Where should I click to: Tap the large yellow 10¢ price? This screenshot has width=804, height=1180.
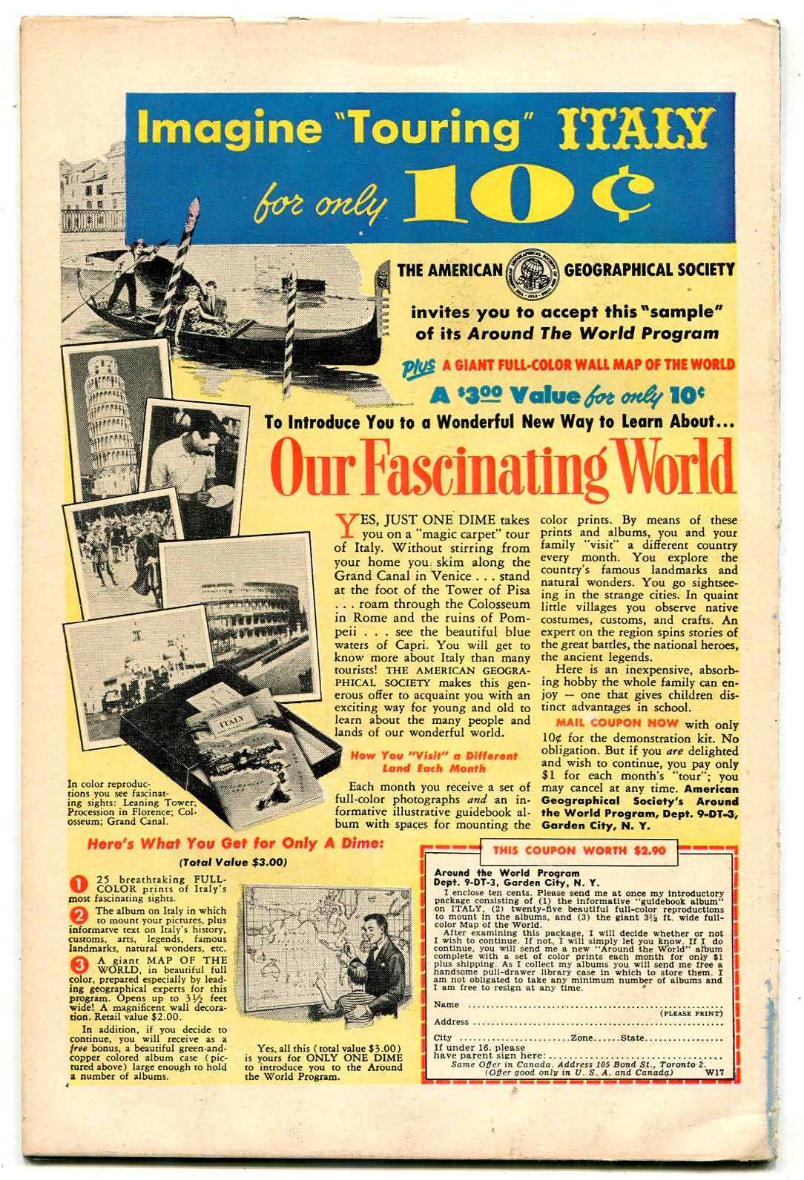(527, 194)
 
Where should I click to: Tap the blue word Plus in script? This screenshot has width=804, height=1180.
(418, 366)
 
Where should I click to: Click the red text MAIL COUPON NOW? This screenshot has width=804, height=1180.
(617, 723)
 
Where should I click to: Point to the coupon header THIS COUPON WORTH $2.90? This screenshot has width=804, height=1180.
(579, 851)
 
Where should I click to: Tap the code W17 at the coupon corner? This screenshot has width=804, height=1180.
(714, 1072)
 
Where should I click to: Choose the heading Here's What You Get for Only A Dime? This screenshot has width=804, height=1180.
(235, 844)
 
